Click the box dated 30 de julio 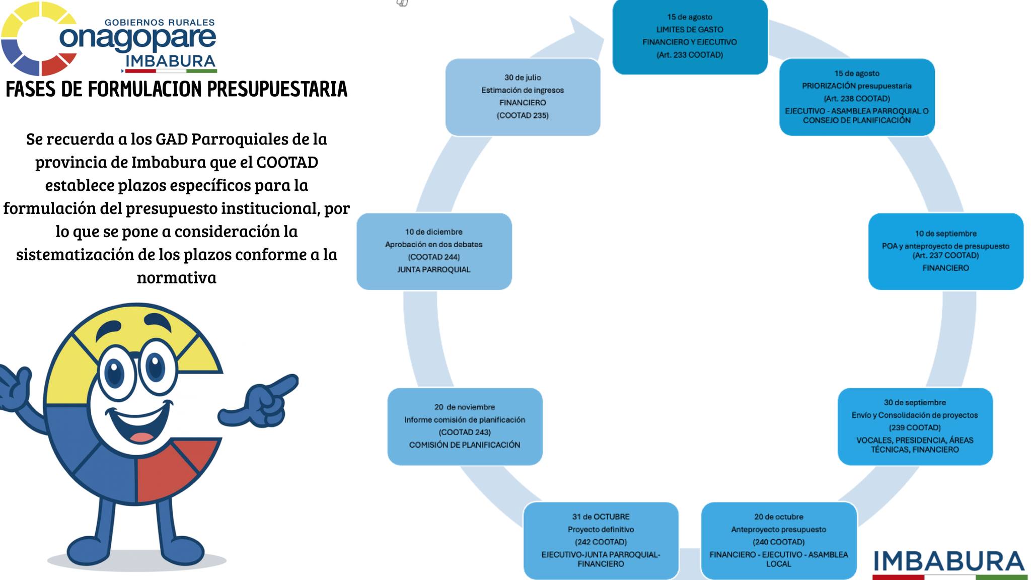click(x=523, y=97)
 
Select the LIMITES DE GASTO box click(x=690, y=36)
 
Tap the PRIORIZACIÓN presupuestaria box click(x=856, y=97)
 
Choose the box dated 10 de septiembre click(x=945, y=251)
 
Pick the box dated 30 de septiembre click(x=915, y=426)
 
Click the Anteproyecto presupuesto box click(x=778, y=540)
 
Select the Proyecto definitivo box click(x=601, y=540)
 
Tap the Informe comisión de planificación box click(x=465, y=426)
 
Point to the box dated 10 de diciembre click(x=434, y=251)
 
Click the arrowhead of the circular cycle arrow click(x=586, y=35)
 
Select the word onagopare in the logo click(x=137, y=38)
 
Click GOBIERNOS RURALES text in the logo click(x=159, y=22)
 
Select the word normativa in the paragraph click(x=176, y=277)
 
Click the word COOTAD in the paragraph click(x=287, y=162)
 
